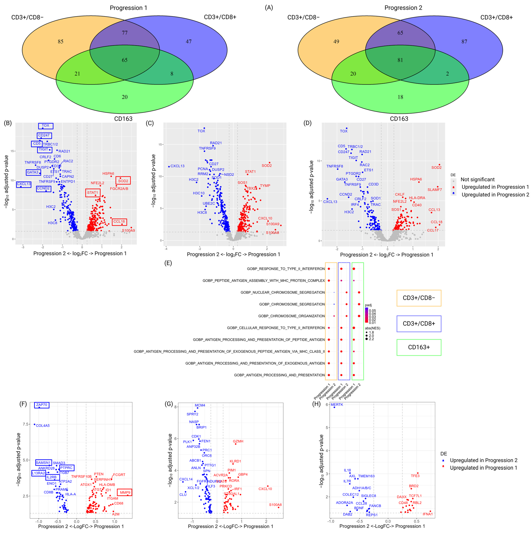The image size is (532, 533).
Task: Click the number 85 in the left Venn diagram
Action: coord(60,42)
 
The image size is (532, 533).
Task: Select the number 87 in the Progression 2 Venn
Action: coord(464,42)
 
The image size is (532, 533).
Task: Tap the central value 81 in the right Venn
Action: coord(400,60)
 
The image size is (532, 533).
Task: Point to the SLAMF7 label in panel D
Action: coord(434,190)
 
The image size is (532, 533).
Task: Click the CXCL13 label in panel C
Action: coord(177,166)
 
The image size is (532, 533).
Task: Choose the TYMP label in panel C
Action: coord(265,186)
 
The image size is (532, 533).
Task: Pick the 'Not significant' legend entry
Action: coord(477,180)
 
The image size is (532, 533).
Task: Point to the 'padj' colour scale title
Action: coord(368,305)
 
